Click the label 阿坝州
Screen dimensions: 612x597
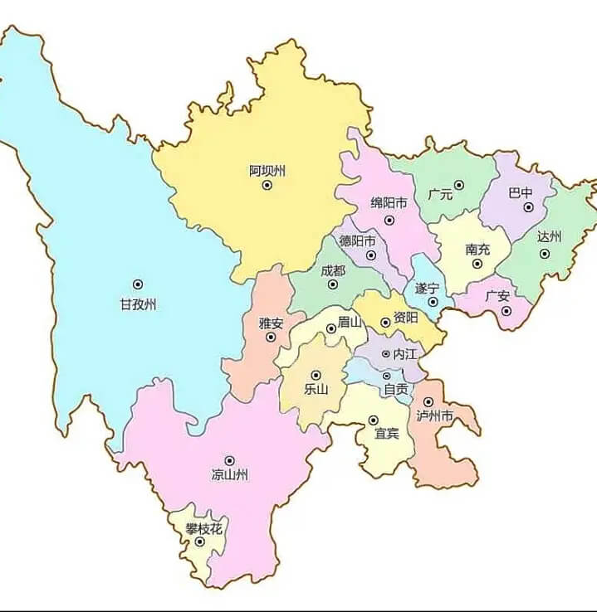click(x=267, y=171)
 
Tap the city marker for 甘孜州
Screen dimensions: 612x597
click(x=138, y=284)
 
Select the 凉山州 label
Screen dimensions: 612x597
click(x=229, y=475)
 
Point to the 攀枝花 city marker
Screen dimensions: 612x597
click(x=199, y=542)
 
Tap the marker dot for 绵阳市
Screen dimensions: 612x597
click(x=389, y=220)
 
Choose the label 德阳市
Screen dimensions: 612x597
click(x=357, y=241)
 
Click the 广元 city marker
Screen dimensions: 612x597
click(x=458, y=185)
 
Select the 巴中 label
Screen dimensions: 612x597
click(x=521, y=192)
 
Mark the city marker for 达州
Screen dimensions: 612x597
click(x=545, y=254)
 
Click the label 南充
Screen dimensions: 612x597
click(x=477, y=249)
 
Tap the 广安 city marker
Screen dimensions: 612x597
click(x=506, y=311)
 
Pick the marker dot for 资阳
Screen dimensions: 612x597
click(x=385, y=322)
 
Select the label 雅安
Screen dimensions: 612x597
click(x=271, y=323)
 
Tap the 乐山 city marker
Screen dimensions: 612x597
click(x=316, y=375)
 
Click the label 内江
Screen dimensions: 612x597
click(x=404, y=353)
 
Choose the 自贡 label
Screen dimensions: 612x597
click(x=395, y=389)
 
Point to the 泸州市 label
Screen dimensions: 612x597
click(x=434, y=415)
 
